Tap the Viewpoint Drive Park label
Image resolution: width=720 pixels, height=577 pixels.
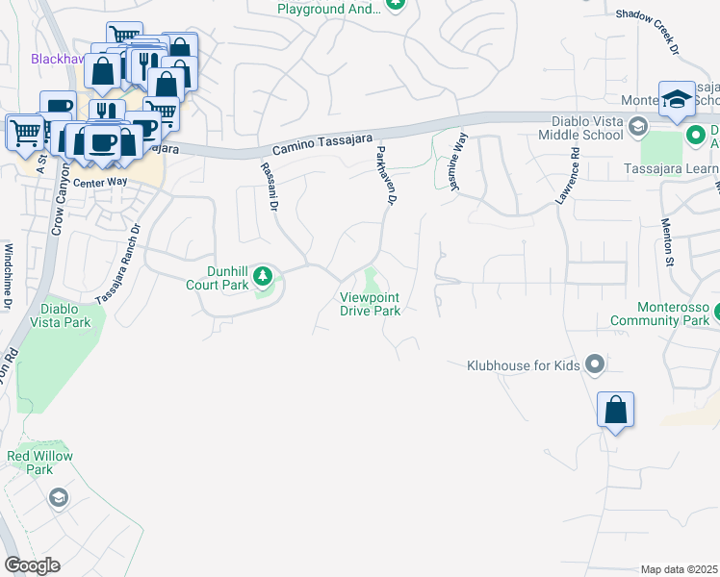[x=370, y=304]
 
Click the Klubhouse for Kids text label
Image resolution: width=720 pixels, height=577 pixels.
[x=523, y=365]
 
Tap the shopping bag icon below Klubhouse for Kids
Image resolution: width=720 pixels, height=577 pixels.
[x=615, y=411]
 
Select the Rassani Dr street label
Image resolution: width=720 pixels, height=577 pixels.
[x=269, y=186]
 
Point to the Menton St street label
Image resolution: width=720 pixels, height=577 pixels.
[x=666, y=241]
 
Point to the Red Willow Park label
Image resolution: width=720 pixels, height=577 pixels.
[x=39, y=462]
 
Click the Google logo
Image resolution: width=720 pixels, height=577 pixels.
[x=32, y=564]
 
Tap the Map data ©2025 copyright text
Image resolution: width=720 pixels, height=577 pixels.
[x=679, y=569]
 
